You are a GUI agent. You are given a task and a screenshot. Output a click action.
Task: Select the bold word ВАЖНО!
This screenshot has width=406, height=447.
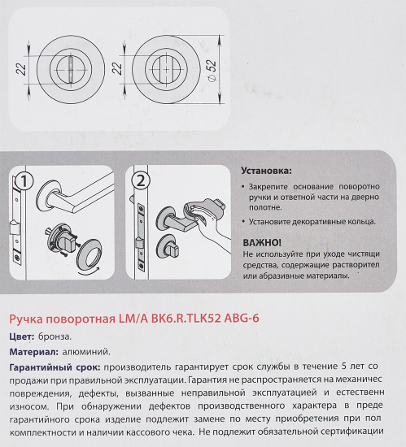pos(263,242)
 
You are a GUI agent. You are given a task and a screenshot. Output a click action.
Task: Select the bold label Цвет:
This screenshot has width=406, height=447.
pos(21,336)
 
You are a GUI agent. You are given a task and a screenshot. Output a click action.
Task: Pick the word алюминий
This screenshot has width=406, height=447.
pos(86,353)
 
